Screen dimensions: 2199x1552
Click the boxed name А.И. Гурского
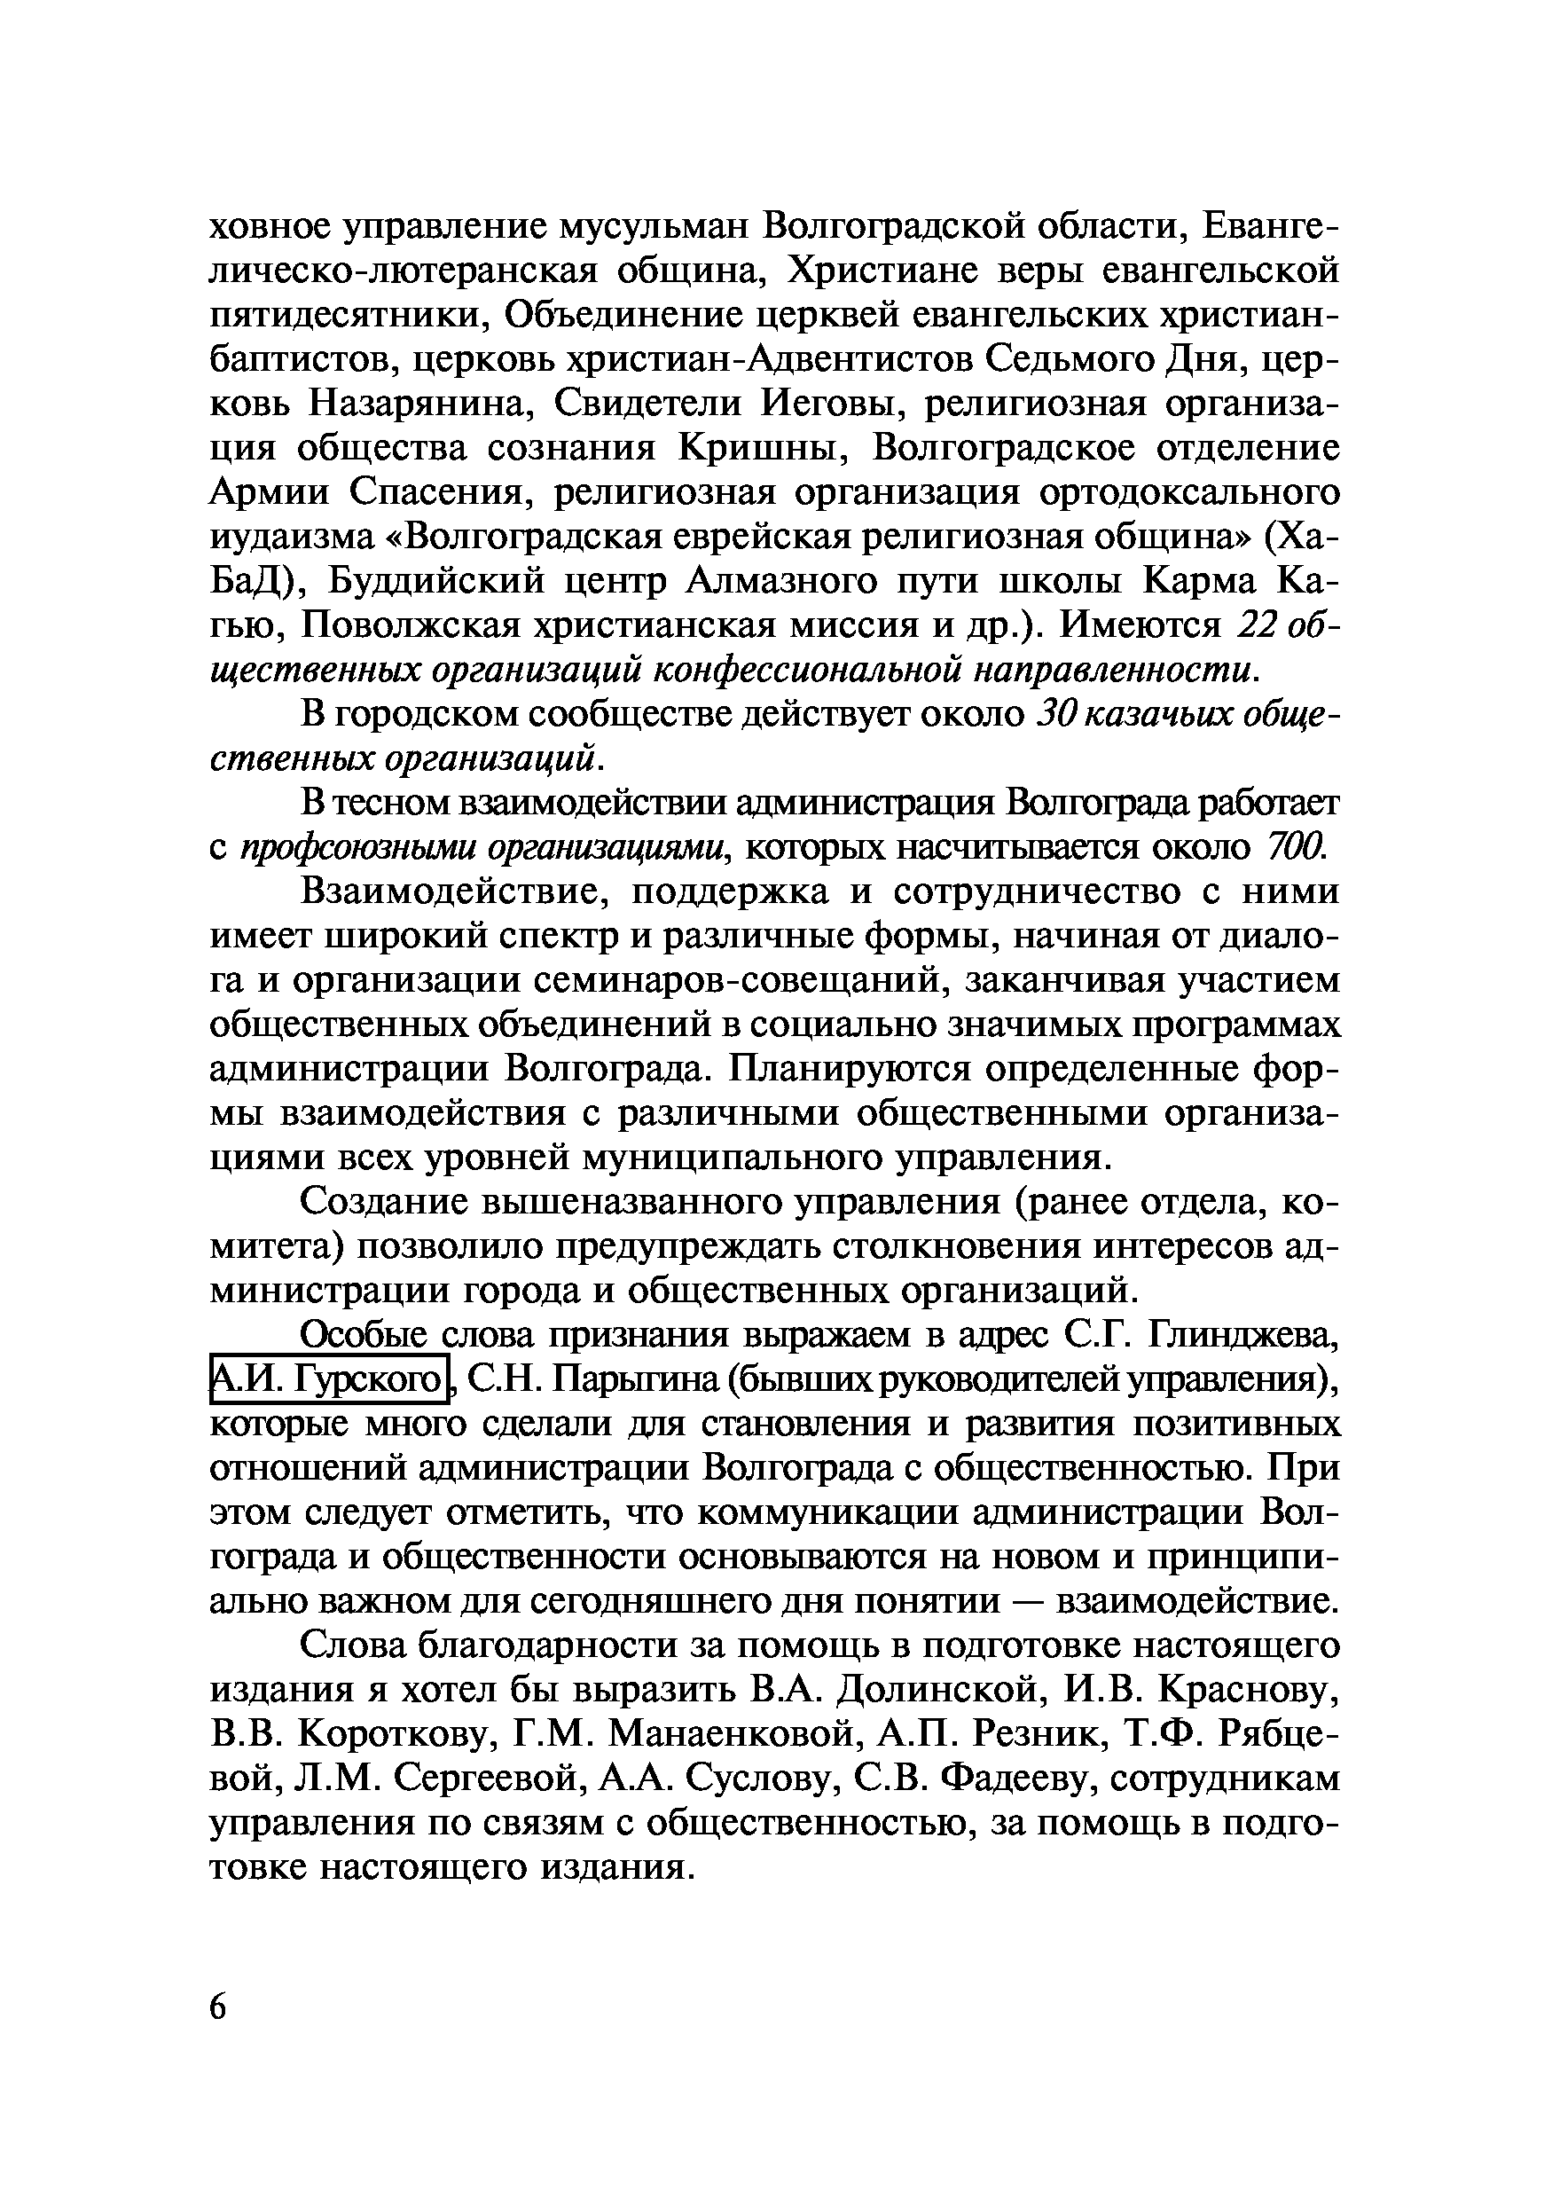[x=328, y=1380]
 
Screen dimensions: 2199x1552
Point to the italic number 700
[x=1296, y=846]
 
